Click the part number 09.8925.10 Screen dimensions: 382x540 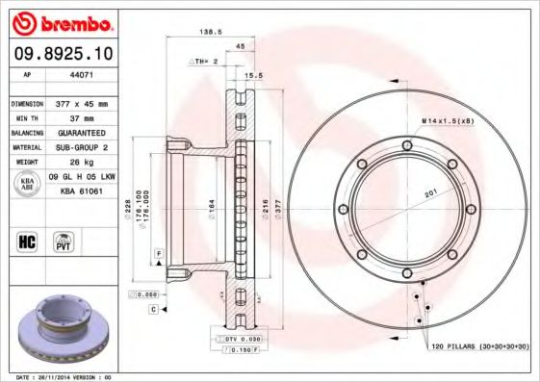click(61, 54)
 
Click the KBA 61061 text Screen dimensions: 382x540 click(82, 191)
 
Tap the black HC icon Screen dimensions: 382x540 click(28, 241)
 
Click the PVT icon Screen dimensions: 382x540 click(64, 241)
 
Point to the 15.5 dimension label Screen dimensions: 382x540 click(255, 74)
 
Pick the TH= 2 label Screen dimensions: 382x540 click(205, 61)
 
